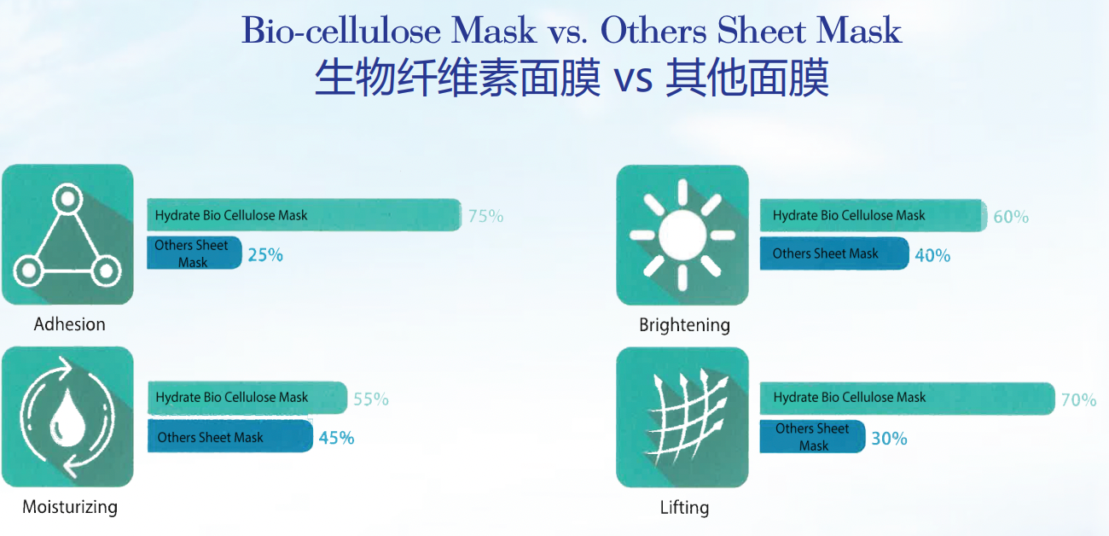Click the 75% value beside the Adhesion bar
[x=485, y=216]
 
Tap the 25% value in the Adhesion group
[x=265, y=255]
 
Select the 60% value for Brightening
[x=1011, y=217]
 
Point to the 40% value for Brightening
[x=932, y=255]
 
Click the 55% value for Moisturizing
[x=371, y=399]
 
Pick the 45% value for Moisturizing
[x=337, y=438]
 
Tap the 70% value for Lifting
[x=1079, y=399]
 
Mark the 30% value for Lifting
[x=889, y=439]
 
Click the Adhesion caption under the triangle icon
[x=69, y=324]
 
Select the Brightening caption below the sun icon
[x=685, y=326]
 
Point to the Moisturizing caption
[x=70, y=507]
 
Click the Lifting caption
[x=685, y=508]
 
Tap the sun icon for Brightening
[x=682, y=235]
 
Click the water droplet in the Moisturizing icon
[x=68, y=417]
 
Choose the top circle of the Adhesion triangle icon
[x=67, y=199]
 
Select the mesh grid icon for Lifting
[x=686, y=417]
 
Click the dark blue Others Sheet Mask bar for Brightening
[x=834, y=253]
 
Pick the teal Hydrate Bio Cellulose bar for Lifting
[x=908, y=399]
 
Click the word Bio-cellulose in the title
[x=341, y=31]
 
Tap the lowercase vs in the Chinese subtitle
[x=633, y=79]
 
